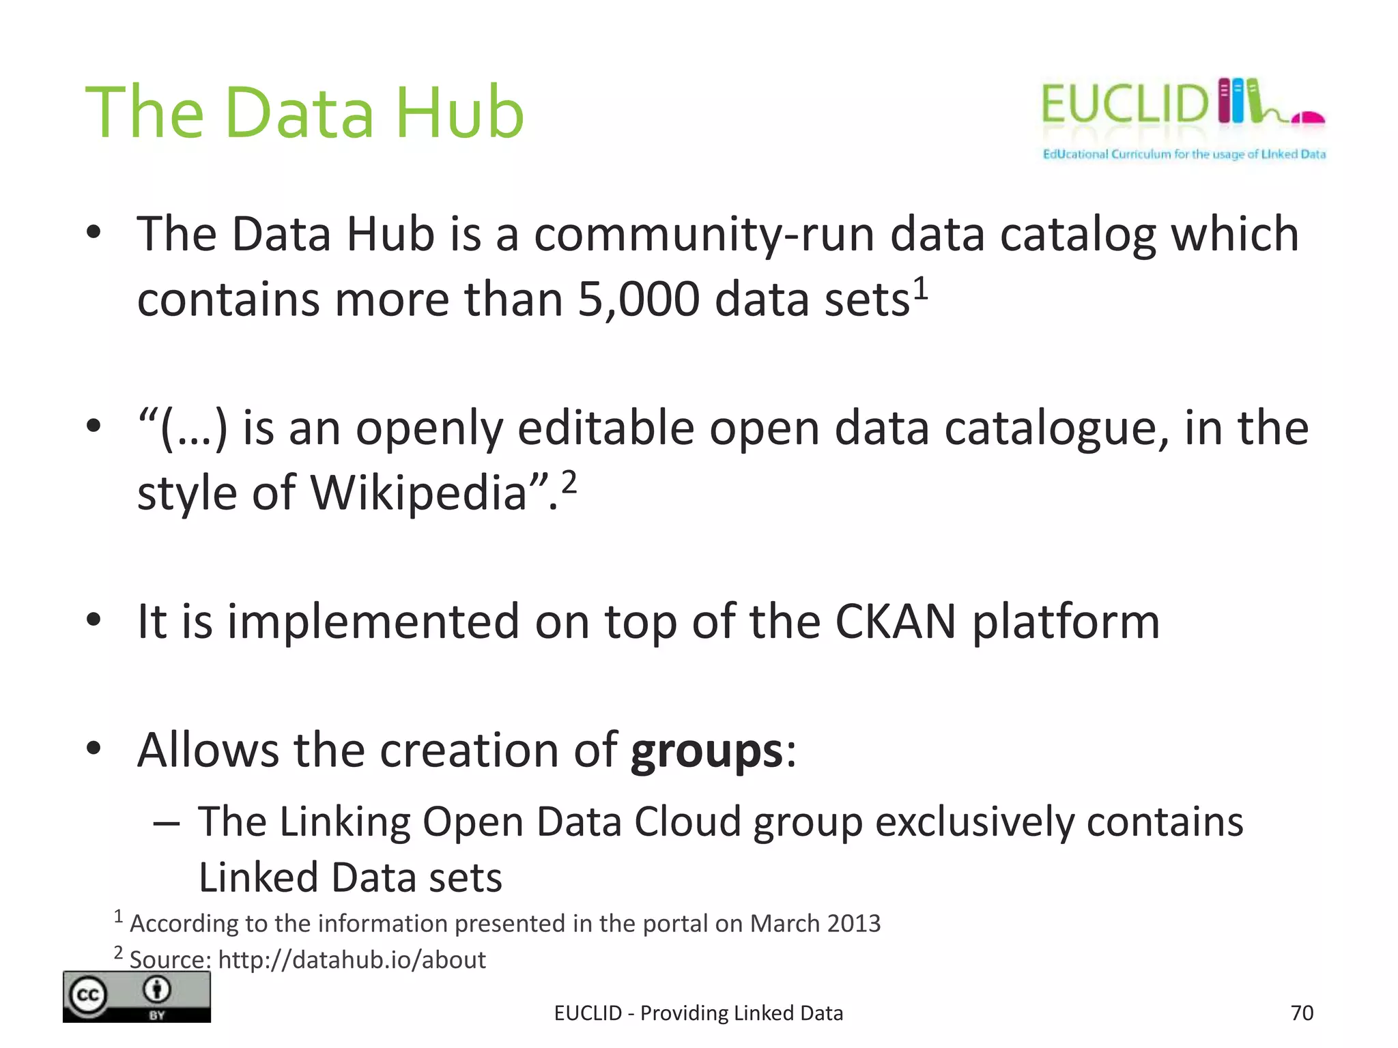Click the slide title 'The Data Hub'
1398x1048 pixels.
(304, 112)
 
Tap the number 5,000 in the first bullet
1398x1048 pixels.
(638, 300)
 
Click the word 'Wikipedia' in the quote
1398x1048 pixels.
(418, 493)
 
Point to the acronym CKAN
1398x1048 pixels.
(895, 622)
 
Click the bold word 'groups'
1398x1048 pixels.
(706, 751)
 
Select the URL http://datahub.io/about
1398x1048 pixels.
(352, 960)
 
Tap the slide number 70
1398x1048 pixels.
(1302, 1013)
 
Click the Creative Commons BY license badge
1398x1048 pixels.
(137, 997)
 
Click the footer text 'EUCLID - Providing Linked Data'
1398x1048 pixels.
(698, 1013)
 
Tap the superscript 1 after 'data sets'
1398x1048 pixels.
(921, 288)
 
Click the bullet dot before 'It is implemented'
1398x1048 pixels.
(94, 620)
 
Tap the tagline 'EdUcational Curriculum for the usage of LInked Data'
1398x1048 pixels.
(1184, 154)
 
